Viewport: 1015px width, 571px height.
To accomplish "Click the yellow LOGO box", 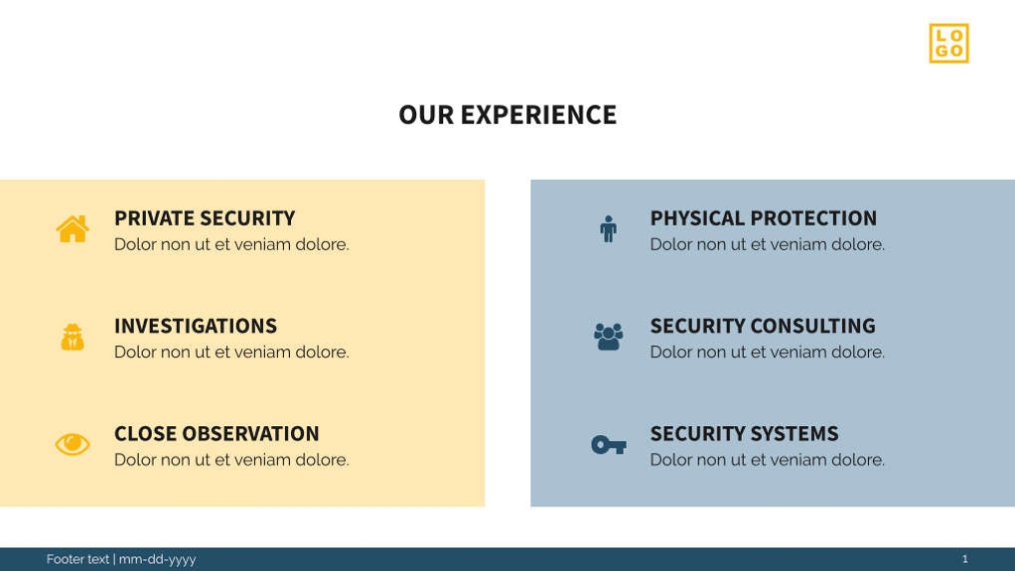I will (948, 44).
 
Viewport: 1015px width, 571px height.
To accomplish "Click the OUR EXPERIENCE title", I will (507, 115).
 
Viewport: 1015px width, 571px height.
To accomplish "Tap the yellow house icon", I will (72, 229).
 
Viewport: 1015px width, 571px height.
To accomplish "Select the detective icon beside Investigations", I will (72, 338).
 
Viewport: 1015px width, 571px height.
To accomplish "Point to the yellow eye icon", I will (72, 445).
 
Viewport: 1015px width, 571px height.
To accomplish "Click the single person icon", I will (608, 229).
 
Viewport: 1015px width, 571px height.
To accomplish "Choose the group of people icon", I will (608, 337).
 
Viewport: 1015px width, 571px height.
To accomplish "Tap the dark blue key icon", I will (608, 445).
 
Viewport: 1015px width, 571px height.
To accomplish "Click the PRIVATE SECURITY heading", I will (205, 218).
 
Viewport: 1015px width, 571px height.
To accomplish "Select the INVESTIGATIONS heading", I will (196, 326).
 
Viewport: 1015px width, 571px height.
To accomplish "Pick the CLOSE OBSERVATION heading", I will (217, 434).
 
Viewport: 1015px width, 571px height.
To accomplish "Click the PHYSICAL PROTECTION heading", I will (763, 218).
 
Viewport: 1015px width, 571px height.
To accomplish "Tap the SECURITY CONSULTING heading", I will (762, 326).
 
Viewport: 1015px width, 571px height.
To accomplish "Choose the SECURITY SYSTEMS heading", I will (744, 434).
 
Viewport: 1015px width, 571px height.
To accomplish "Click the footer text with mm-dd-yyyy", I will (121, 559).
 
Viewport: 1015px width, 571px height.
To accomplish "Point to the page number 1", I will (964, 559).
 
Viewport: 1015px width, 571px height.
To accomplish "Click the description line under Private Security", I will (231, 244).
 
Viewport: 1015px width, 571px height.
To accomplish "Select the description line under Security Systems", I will (767, 460).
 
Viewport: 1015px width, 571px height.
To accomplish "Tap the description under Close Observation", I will (231, 460).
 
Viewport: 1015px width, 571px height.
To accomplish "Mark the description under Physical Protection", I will (767, 244).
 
